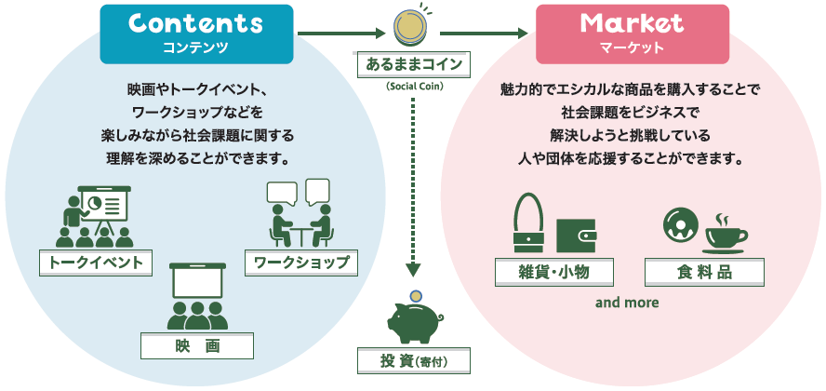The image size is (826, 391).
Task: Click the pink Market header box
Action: tap(632, 34)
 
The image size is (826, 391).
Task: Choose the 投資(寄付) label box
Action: tap(413, 360)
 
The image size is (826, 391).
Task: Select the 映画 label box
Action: tap(197, 346)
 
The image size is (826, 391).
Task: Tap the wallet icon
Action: tap(576, 236)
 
